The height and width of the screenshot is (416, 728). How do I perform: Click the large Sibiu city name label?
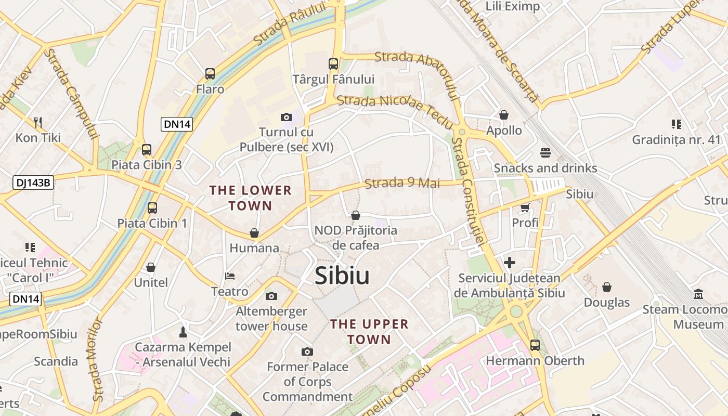tap(342, 276)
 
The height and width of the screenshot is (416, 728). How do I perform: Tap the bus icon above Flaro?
tap(210, 74)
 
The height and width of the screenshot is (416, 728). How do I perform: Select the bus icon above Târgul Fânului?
tap(333, 64)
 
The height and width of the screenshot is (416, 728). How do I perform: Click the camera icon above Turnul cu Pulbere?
tap(286, 117)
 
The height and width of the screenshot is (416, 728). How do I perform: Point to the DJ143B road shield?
tap(33, 182)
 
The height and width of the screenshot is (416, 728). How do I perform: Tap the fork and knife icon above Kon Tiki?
tap(37, 123)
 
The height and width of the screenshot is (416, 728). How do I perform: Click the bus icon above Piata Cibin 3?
tap(147, 150)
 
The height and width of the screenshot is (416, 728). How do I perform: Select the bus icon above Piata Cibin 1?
tap(152, 208)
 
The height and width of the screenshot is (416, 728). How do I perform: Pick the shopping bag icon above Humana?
tap(254, 233)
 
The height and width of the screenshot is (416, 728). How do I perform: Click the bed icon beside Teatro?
tap(230, 276)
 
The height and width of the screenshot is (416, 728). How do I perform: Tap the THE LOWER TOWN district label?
tap(251, 198)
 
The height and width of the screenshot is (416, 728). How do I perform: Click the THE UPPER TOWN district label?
tap(369, 332)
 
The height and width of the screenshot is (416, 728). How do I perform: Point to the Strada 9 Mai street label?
tap(402, 183)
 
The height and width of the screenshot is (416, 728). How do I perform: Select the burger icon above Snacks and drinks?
tap(545, 153)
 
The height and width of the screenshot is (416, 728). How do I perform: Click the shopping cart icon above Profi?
tap(525, 207)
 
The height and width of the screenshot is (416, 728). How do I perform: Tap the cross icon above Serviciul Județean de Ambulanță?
tap(510, 263)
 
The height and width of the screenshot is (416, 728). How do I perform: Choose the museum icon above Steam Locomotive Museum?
tap(698, 294)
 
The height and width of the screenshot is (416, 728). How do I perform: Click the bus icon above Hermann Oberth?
tap(535, 345)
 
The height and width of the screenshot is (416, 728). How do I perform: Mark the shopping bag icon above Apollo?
tap(503, 114)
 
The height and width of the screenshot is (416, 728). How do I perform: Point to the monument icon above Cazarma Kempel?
tap(183, 331)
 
